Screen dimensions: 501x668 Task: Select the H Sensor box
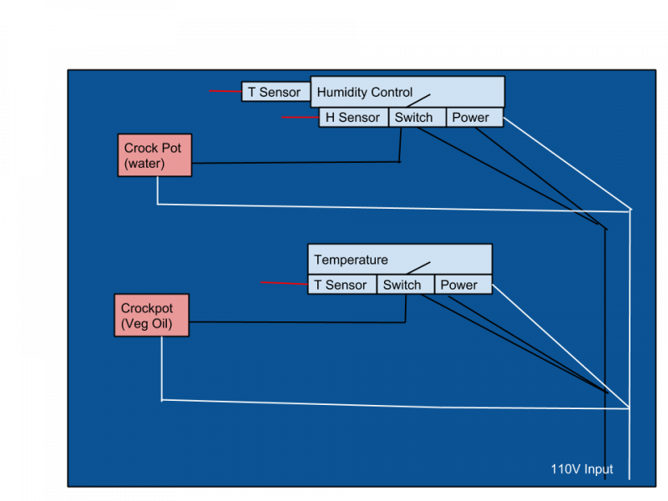tap(353, 118)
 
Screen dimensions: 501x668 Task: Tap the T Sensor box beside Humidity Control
tap(275, 92)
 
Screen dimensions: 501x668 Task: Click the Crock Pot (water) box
tap(154, 155)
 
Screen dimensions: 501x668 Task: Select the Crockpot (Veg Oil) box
tap(151, 316)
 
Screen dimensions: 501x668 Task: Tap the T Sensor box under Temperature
tap(342, 285)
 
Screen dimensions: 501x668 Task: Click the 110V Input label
tap(581, 469)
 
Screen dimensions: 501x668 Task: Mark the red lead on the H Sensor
tap(300, 118)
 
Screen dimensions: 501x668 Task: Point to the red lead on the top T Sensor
tap(225, 91)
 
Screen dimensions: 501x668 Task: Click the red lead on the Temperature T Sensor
tap(284, 284)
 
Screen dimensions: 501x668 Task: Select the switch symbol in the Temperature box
tap(417, 267)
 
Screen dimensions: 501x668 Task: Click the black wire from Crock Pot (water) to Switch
tap(292, 162)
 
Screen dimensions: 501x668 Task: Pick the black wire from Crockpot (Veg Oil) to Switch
tap(292, 321)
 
